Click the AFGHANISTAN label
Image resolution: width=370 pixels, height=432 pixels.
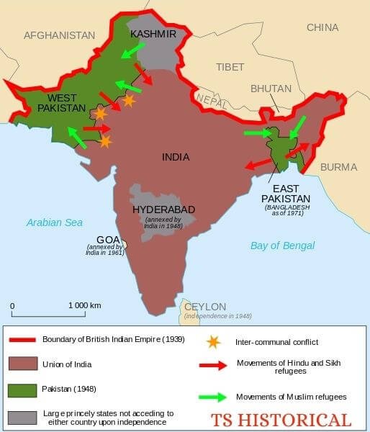tap(59, 35)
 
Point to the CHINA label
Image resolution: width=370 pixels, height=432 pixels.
tap(322, 27)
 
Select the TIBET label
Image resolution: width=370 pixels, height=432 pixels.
tap(230, 67)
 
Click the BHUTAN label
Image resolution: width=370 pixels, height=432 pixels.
tap(271, 89)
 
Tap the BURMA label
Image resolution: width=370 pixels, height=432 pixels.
tap(338, 167)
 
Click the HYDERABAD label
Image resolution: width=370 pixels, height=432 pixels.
tap(163, 210)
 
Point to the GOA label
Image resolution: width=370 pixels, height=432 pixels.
tap(108, 240)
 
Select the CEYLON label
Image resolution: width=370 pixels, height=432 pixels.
tap(205, 306)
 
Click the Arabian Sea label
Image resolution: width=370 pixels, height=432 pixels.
tap(55, 222)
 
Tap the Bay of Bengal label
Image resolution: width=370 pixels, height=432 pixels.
tap(282, 246)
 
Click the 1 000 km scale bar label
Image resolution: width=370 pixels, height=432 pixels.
tap(84, 305)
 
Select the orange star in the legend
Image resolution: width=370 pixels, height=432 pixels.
tap(212, 341)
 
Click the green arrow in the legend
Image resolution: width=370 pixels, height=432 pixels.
tap(214, 397)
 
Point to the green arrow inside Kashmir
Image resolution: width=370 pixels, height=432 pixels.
tap(132, 50)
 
